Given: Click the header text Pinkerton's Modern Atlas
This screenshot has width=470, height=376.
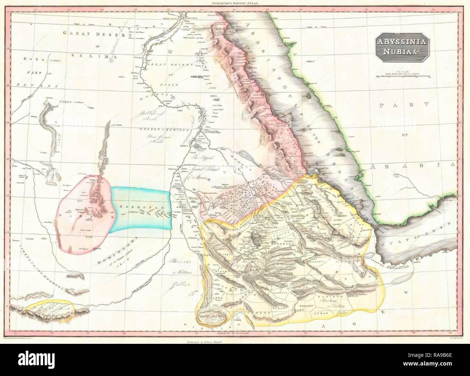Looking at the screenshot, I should (x=235, y=3).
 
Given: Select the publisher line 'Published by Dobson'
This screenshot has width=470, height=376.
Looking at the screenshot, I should (x=235, y=342).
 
